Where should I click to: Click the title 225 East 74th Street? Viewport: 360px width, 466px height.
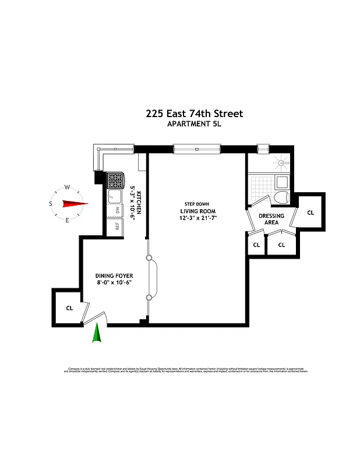194,114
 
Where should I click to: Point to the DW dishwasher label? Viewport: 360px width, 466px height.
117,210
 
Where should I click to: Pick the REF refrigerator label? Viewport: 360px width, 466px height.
117,226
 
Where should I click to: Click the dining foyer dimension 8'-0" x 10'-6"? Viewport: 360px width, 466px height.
114,283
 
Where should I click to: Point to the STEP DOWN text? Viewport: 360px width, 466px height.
197,204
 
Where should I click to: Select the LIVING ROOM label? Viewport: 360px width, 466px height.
197,211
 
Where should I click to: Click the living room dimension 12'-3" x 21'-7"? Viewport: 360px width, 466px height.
197,218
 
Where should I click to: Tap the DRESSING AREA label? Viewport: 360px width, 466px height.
271,218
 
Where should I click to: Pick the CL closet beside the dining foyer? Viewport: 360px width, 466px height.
69,308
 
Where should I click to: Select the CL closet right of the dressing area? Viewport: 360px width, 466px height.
310,213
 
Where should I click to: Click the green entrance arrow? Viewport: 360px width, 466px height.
97,334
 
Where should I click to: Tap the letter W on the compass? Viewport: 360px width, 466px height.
67,187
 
